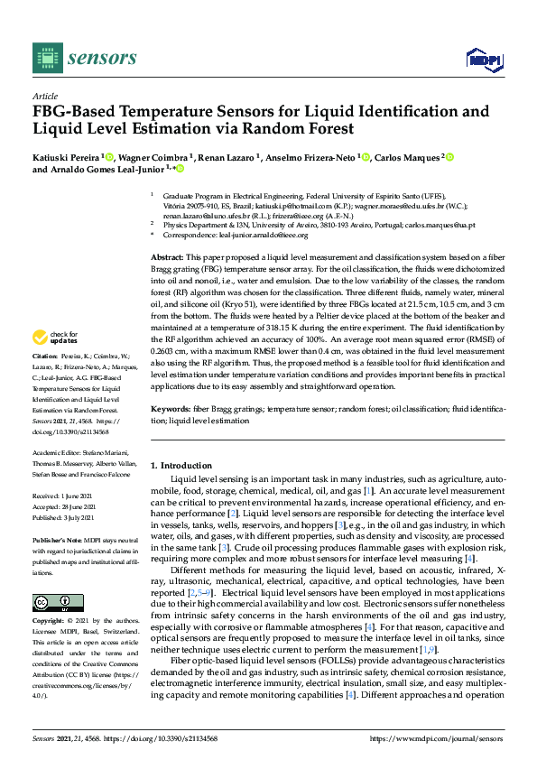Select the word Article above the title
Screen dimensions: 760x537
pyautogui.click(x=44, y=95)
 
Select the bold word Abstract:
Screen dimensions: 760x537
pyautogui.click(x=168, y=257)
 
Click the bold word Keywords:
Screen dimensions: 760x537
pyautogui.click(x=170, y=409)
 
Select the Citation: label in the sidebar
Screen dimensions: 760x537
pyautogui.click(x=46, y=383)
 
